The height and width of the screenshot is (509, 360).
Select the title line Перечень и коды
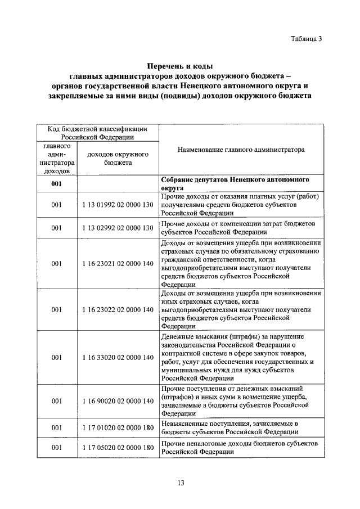[181, 66]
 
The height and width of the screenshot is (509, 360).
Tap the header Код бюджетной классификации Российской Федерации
[97, 133]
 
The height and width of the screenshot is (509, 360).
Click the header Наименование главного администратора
[241, 150]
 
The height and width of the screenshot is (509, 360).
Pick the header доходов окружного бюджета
[117, 158]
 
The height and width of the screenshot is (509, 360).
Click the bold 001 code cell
[56, 184]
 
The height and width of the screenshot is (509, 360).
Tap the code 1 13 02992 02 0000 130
[117, 228]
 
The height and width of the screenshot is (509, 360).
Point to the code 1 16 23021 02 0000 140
[117, 263]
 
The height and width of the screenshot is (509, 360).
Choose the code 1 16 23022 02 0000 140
[117, 309]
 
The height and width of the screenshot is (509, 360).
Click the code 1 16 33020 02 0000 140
[117, 357]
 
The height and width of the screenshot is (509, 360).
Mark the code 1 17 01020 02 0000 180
[117, 427]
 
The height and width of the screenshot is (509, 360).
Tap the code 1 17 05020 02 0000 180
[117, 448]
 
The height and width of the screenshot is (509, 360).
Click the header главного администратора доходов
[56, 158]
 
